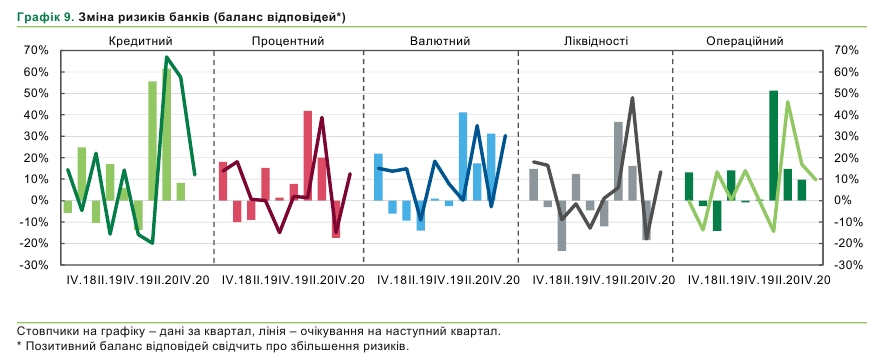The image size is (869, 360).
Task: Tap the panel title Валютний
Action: (440, 40)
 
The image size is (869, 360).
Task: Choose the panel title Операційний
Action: (744, 40)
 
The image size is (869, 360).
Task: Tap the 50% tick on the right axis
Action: (846, 93)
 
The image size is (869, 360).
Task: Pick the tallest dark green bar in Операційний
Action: (773, 145)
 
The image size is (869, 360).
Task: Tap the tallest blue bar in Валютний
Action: (463, 156)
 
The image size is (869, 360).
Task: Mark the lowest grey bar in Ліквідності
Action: (562, 225)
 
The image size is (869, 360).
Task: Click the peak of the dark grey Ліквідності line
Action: (632, 98)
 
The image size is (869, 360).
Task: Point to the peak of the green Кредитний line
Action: (167, 57)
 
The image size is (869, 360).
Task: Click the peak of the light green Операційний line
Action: (788, 102)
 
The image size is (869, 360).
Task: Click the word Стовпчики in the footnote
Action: (46, 330)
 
